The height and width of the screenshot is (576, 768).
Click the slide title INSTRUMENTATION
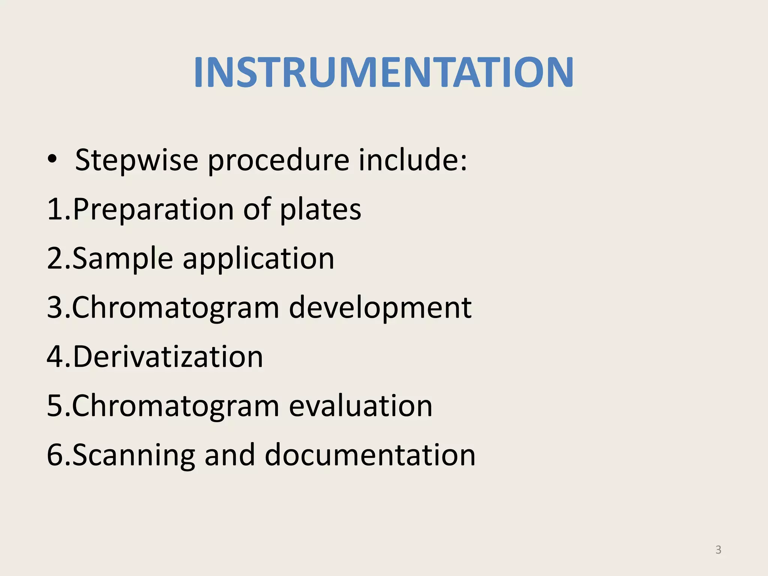383,72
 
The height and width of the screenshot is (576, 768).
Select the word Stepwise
136,160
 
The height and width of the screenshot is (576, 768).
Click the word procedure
279,160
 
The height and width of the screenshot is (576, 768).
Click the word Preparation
153,209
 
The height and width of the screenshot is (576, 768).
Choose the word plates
321,209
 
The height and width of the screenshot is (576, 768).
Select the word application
258,259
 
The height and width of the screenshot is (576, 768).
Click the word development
380,307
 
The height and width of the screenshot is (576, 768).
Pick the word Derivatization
168,356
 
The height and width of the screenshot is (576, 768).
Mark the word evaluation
360,406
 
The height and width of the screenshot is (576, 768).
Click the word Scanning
133,455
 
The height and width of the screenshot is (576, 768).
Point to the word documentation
370,455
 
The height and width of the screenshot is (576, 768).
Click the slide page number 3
718,550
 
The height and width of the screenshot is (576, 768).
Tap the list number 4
55,356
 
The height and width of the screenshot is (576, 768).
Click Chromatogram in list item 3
175,307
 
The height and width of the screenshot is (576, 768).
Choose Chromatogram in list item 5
175,406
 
